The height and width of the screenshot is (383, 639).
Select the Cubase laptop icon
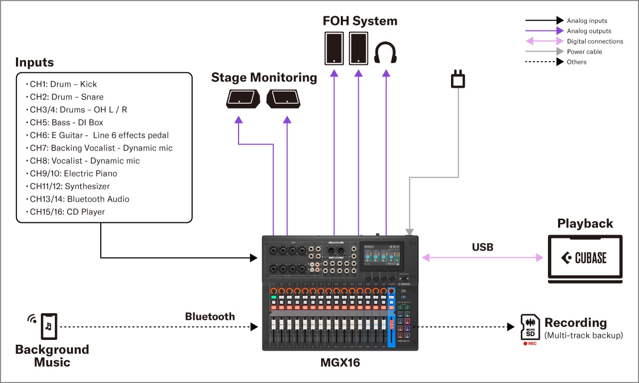[x=585, y=258]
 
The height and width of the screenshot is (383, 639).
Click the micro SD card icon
[x=530, y=327]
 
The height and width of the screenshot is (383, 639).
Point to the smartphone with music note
[x=48, y=326]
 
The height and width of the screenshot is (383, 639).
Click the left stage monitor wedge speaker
[x=243, y=98]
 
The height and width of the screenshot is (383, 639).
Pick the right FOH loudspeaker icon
[x=358, y=48]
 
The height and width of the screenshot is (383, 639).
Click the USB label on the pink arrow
[x=482, y=247]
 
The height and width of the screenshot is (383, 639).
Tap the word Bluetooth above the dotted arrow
[x=210, y=317]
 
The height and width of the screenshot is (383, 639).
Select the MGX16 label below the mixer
[x=340, y=363]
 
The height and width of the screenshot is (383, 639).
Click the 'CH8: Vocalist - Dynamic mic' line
[x=85, y=161]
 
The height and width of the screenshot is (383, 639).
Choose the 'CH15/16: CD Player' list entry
[x=67, y=212]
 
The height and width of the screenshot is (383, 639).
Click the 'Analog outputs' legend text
[x=589, y=31]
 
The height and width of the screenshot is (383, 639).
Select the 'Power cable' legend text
[x=585, y=52]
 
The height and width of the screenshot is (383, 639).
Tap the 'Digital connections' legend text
[x=595, y=41]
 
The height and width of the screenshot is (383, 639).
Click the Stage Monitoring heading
[x=264, y=78]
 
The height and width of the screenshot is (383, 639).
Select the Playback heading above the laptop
[x=585, y=223]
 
